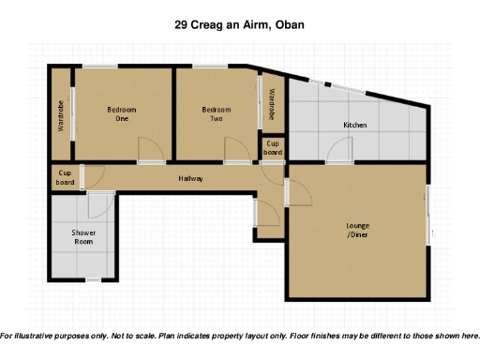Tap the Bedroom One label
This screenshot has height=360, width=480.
coord(122,114)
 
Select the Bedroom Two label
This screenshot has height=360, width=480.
coord(216,114)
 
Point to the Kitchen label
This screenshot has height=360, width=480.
coord(355,125)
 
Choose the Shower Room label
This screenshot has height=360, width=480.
coord(83,237)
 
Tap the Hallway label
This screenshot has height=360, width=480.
coord(190,178)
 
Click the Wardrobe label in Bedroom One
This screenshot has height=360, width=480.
coord(62,115)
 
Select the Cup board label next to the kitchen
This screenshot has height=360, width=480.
coord(272,147)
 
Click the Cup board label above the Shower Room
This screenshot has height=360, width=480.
coord(66,177)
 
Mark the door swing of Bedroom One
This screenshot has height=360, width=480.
coord(148,150)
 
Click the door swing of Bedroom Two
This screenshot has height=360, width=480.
coord(235,150)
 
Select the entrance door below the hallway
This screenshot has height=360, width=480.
coord(266,214)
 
